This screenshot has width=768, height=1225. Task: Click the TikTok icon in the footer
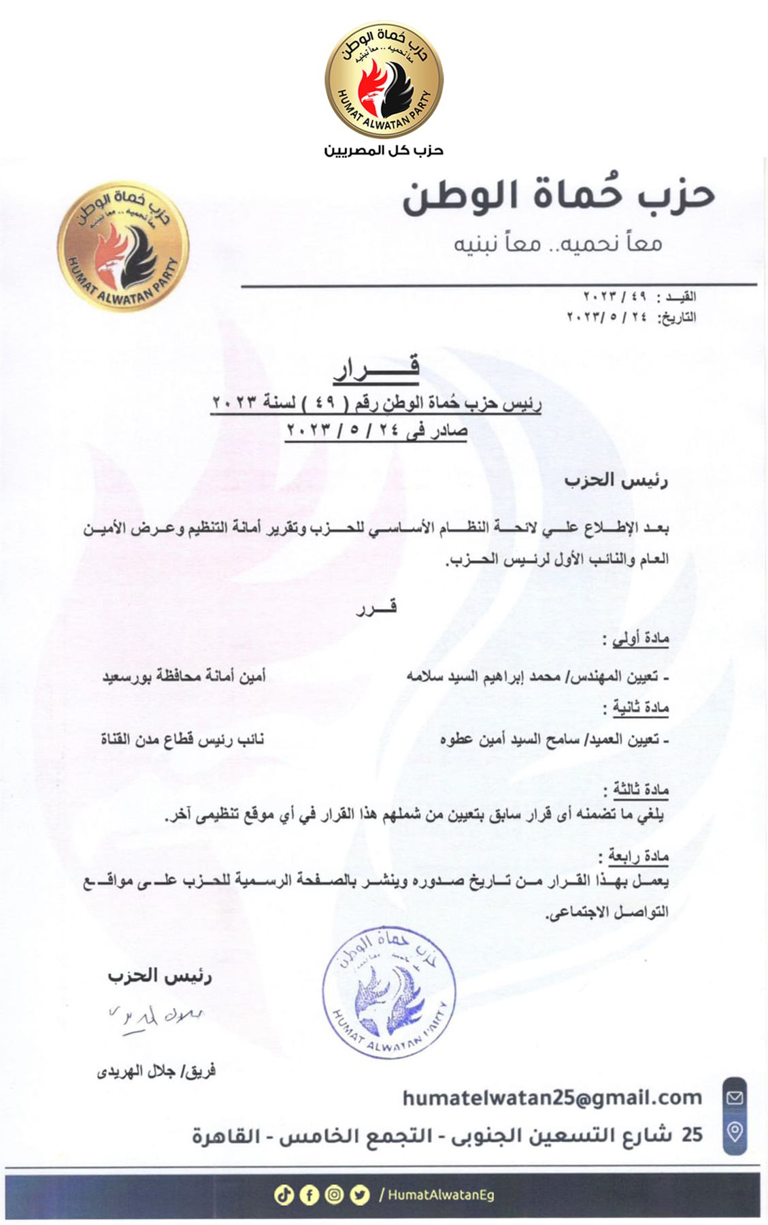click(x=284, y=1194)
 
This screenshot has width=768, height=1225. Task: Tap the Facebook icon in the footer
click(x=309, y=1194)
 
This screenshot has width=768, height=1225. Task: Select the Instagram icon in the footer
click(x=334, y=1194)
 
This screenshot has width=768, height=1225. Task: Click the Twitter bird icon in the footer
click(x=359, y=1194)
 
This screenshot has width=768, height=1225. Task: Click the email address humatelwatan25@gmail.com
click(x=552, y=1097)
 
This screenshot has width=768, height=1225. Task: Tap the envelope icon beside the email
click(x=735, y=1097)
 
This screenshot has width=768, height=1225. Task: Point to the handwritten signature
click(x=156, y=1017)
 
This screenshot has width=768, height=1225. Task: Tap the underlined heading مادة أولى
click(x=640, y=638)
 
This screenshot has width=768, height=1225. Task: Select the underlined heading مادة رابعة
click(x=638, y=855)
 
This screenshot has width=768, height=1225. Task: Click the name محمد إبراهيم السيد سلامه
click(x=484, y=676)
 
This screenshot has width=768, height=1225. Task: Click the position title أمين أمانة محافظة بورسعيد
click(x=184, y=676)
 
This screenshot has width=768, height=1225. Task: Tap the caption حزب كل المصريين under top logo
click(x=384, y=150)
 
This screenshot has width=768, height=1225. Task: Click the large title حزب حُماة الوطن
click(x=558, y=195)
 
